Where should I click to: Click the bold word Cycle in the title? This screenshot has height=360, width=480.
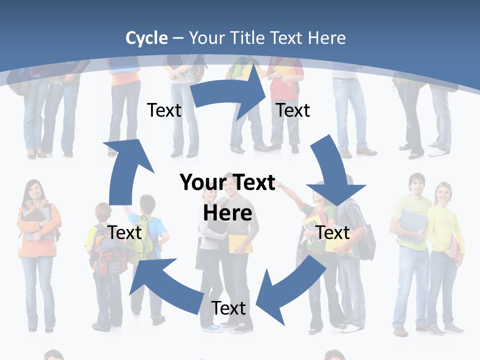(146, 38)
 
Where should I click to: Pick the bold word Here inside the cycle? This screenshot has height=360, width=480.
(227, 213)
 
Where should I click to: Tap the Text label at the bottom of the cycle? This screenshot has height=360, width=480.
(228, 308)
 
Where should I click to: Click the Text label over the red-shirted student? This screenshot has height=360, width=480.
(293, 110)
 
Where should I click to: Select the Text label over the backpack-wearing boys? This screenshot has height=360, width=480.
(125, 232)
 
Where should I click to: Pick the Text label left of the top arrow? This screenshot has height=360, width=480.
(164, 110)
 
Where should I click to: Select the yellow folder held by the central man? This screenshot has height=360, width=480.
(240, 242)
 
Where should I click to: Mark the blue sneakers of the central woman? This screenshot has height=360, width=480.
(212, 328)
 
